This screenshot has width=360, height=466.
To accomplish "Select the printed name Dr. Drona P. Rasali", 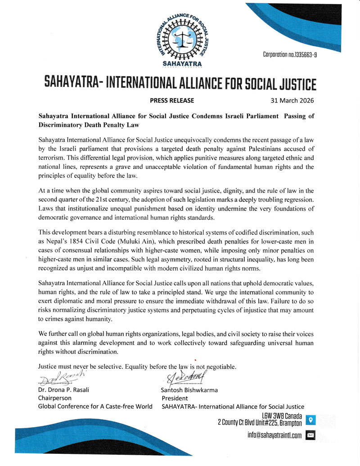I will click(63, 390).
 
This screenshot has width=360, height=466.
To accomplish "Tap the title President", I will click(175, 398).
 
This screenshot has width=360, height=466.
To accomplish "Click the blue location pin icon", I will click(310, 420).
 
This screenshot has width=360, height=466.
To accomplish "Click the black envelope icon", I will click(310, 435).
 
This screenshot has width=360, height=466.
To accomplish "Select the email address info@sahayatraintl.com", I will click(274, 435).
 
